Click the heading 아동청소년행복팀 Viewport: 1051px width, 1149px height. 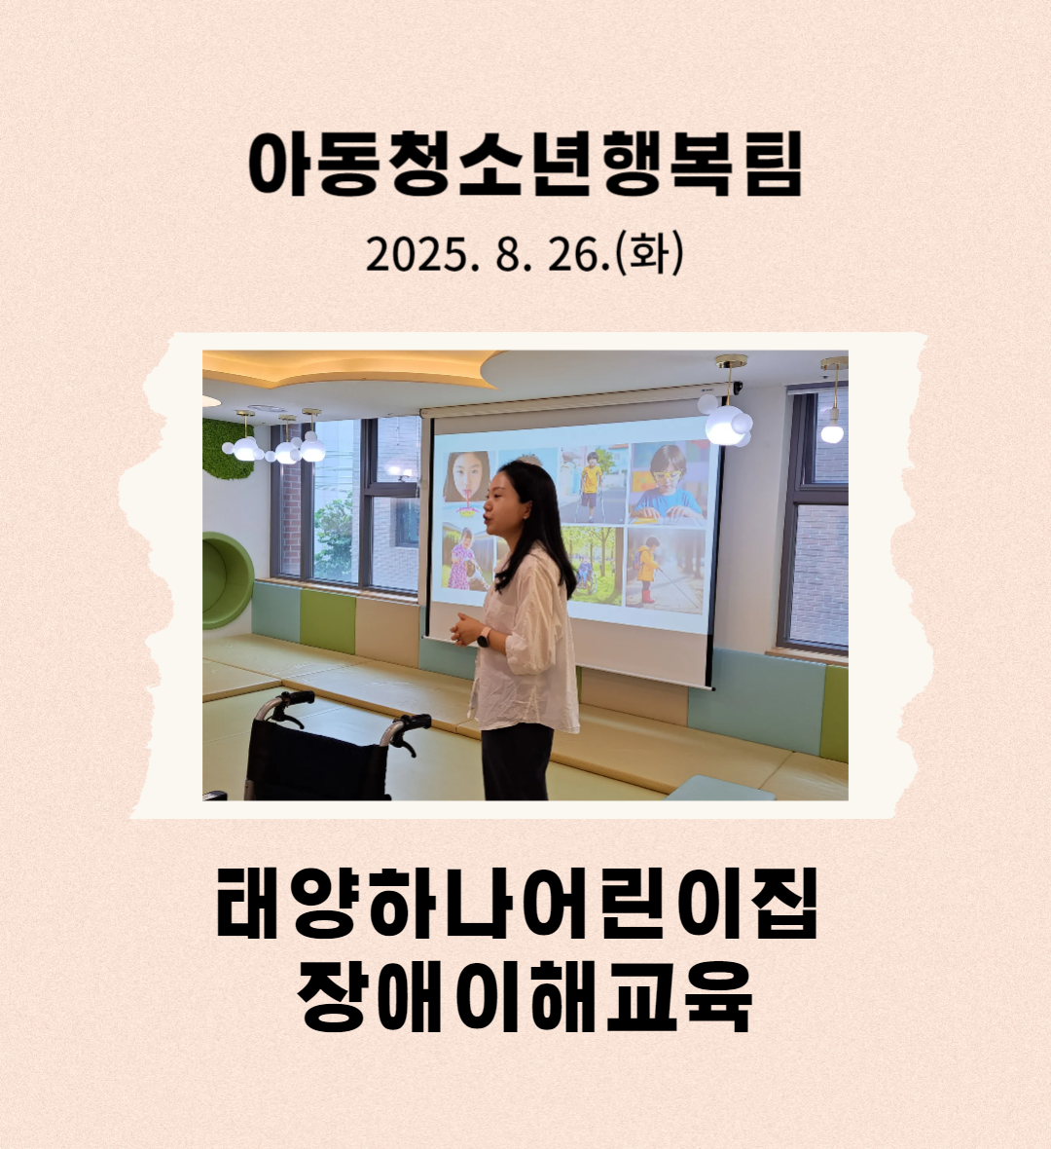[x=525, y=165]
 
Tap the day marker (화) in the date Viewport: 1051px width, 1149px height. [x=650, y=253]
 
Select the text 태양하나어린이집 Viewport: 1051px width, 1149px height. [x=517, y=904]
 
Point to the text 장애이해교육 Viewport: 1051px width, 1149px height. [x=525, y=995]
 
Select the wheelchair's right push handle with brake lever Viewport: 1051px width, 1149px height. [x=407, y=729]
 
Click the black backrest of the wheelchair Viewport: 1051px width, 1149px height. [x=315, y=762]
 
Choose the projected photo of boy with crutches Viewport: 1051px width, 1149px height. [x=593, y=484]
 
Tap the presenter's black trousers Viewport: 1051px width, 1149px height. [x=516, y=761]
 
